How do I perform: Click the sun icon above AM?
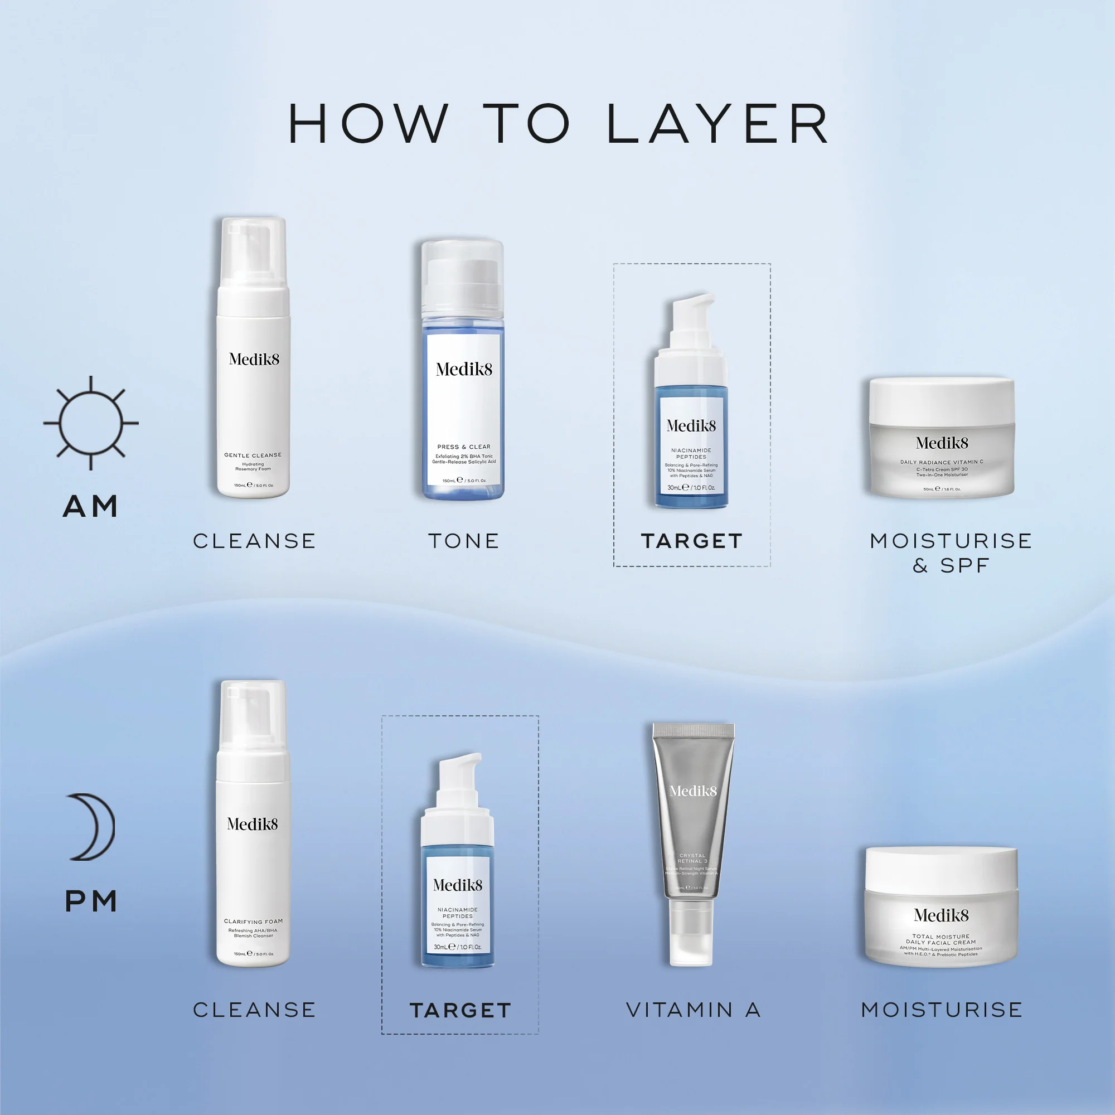tap(91, 423)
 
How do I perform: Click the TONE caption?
tap(463, 541)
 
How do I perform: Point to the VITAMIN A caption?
tap(693, 1010)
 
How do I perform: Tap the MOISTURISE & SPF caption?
tap(951, 552)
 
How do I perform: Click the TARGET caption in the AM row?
tap(691, 541)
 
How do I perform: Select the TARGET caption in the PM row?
tap(460, 1011)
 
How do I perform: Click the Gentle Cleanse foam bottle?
tap(253, 392)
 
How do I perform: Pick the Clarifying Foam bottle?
tap(253, 854)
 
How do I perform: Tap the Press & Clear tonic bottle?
tap(463, 404)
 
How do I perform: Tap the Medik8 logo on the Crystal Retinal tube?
tap(692, 791)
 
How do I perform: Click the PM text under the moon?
tap(91, 901)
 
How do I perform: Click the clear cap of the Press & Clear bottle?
tap(462, 277)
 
